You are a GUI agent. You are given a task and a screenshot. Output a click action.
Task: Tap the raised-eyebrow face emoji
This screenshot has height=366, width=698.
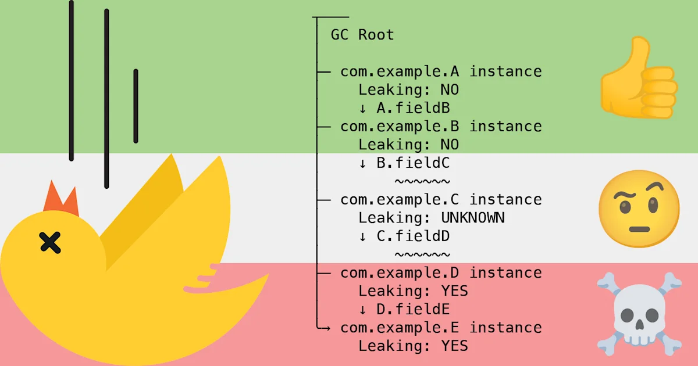point(639,210)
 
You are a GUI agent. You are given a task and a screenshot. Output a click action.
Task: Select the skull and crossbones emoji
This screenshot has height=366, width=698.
point(639,314)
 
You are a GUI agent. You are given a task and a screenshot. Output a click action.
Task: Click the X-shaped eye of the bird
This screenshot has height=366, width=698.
point(51,242)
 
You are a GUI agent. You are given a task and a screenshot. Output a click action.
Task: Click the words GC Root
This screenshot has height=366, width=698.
point(362,35)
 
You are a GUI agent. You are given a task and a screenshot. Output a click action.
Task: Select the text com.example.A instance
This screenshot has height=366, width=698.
point(441,71)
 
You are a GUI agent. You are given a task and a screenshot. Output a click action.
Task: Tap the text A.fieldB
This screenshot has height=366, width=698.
point(413,108)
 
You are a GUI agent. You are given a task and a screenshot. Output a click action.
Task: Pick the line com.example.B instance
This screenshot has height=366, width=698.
point(441,126)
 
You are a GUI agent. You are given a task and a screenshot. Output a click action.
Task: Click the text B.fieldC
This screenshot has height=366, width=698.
point(413,163)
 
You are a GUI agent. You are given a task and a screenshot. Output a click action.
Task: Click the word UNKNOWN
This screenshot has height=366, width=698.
point(472,218)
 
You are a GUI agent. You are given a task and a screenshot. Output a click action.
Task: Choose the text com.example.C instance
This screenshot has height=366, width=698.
point(441,199)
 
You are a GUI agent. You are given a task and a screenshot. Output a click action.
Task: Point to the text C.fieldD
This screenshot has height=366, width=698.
point(413,236)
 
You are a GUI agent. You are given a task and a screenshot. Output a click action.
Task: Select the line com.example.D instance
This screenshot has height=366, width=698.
point(441,272)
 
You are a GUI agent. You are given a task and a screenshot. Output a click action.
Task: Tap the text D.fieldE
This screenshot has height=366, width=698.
point(413,309)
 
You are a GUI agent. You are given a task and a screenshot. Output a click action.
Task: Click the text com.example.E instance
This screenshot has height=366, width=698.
point(441,328)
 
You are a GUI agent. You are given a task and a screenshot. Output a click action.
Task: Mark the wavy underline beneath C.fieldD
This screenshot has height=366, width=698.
point(422,254)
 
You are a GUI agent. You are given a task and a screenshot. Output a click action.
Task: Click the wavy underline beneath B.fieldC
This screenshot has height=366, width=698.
point(422,181)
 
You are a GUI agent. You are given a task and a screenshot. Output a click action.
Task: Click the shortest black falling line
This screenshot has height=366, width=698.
point(136,106)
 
